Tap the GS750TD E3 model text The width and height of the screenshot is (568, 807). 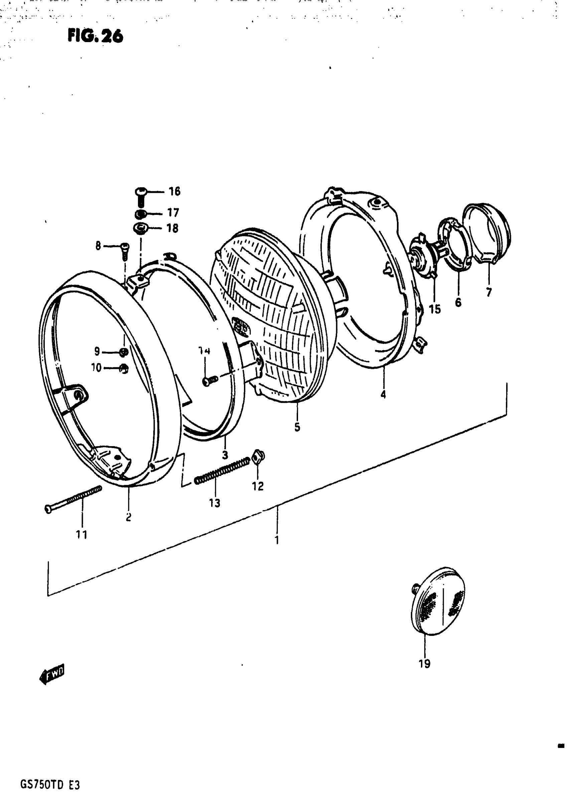point(50,785)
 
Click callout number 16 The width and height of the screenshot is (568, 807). point(174,191)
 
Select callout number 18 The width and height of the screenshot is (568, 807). point(172,229)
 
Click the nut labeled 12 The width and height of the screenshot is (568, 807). point(259,456)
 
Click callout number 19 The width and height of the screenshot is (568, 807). point(425,664)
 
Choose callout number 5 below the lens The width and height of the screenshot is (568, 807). point(297,427)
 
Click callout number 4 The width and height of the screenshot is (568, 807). point(383,395)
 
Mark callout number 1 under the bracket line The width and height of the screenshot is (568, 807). point(277,540)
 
